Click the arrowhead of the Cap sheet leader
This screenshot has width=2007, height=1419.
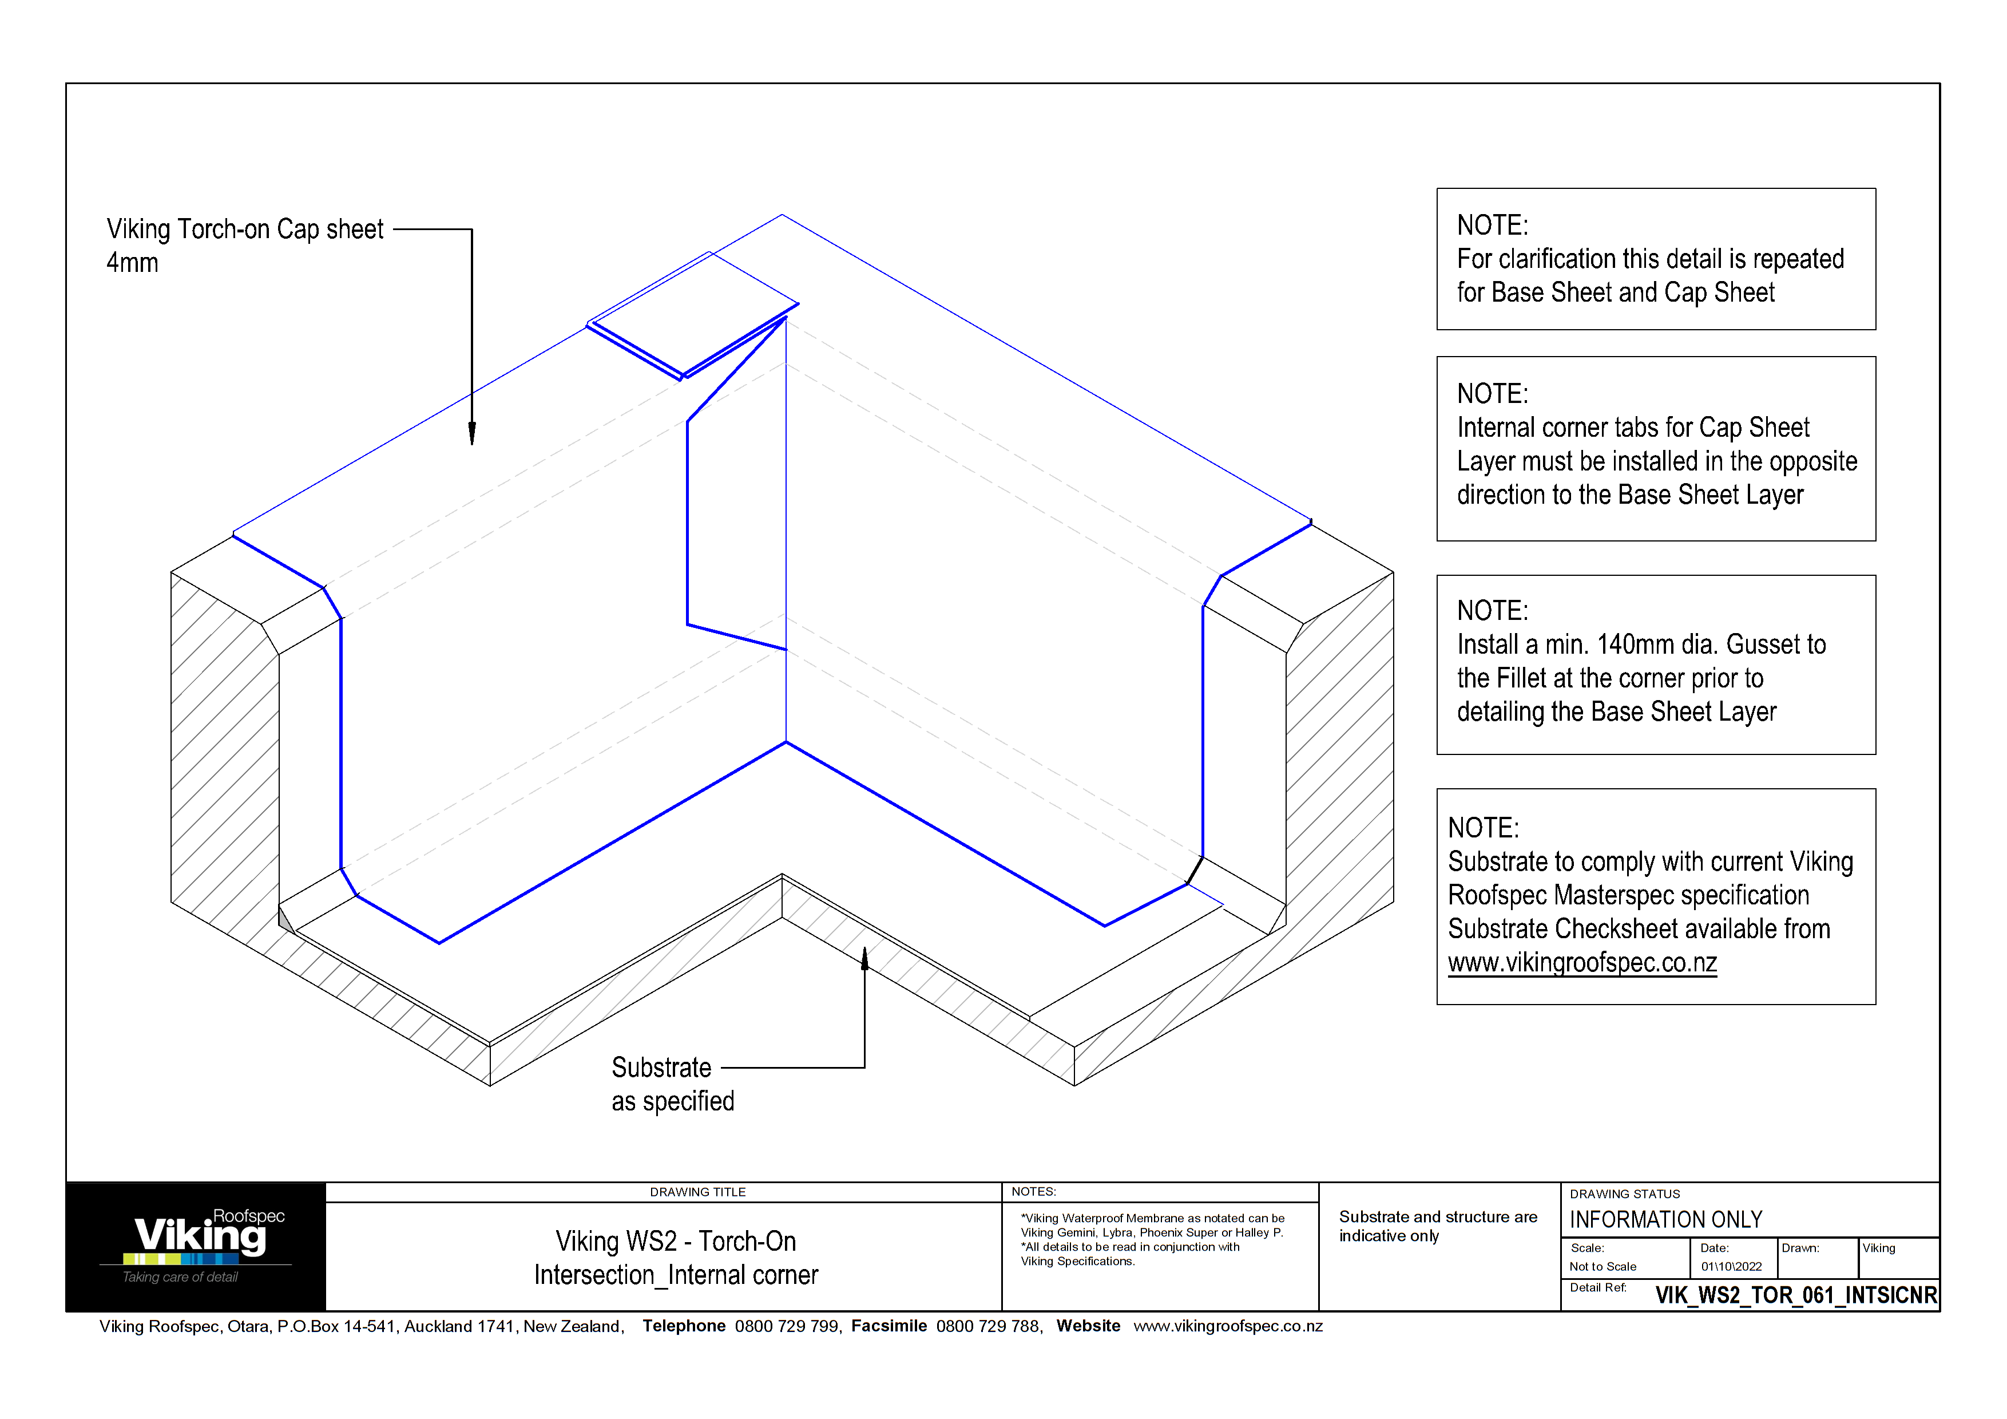click(x=472, y=434)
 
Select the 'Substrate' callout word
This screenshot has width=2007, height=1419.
click(x=661, y=1068)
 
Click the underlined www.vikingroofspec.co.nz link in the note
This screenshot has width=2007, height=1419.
click(x=1582, y=963)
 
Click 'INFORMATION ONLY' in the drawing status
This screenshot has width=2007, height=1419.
click(x=1665, y=1220)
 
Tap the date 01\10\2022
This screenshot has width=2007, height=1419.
click(x=1731, y=1267)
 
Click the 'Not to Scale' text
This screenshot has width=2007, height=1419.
click(x=1603, y=1267)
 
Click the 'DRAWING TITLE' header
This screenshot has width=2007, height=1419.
click(x=697, y=1192)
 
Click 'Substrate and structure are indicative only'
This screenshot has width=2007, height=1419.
click(x=1437, y=1226)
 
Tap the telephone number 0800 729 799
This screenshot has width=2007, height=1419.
click(x=786, y=1326)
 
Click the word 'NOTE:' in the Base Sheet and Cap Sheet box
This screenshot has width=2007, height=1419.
click(x=1492, y=226)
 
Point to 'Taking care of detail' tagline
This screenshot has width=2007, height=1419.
click(x=180, y=1278)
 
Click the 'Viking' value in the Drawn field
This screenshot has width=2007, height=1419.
click(x=1878, y=1248)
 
